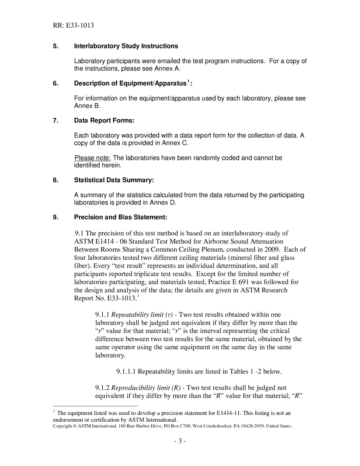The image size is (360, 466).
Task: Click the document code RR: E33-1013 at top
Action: coord(73,25)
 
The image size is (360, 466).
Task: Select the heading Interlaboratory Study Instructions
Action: coord(126,46)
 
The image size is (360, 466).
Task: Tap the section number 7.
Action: coord(56,120)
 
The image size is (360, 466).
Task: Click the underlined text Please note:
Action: coord(92,158)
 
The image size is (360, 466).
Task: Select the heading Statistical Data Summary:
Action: coord(114,180)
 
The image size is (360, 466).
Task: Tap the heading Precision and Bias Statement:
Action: coord(121,217)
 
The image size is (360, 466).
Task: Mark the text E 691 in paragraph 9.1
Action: coord(250,282)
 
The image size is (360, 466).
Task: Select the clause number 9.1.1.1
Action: coord(126,372)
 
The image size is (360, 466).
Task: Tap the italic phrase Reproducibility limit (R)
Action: coord(146,388)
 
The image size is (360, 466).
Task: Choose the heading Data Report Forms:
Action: coord(104,120)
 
